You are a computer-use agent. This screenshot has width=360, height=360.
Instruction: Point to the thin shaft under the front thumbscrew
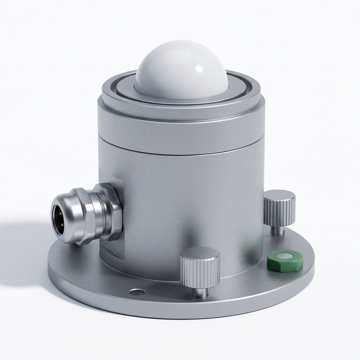click(200, 290)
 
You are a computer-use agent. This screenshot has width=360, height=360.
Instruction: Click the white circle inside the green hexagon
click(284, 256)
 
